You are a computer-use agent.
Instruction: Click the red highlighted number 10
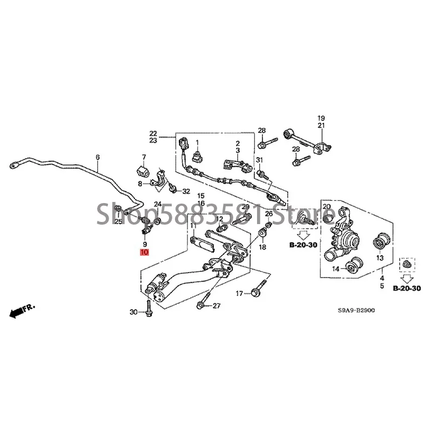[x=145, y=252]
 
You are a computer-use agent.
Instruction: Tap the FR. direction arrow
[x=22, y=310]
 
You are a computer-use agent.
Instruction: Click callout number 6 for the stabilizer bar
[x=98, y=158]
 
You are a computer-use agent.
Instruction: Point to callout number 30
[x=134, y=312]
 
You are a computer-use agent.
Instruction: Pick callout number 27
[x=216, y=306]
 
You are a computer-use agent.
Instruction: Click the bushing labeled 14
[x=355, y=266]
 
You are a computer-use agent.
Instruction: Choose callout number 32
[x=186, y=191]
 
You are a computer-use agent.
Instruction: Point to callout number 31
[x=259, y=160]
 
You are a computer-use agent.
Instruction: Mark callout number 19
[x=321, y=118]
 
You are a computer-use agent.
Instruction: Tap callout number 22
[x=153, y=133]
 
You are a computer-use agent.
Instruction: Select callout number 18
[x=262, y=247]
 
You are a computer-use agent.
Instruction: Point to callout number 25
[x=118, y=222]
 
